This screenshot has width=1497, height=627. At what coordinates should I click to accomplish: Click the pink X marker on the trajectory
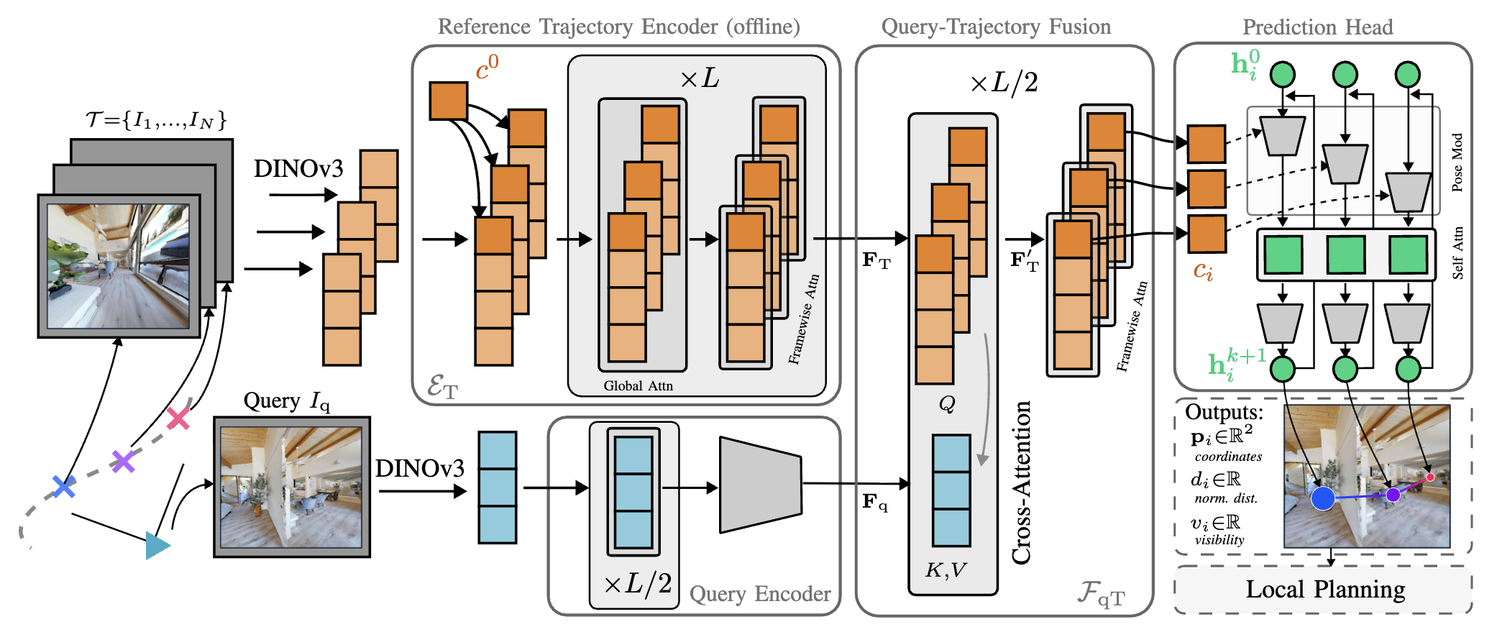[x=178, y=418]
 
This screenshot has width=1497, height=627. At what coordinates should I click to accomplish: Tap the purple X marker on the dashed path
[x=124, y=461]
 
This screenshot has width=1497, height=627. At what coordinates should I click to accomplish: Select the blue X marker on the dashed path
[x=64, y=487]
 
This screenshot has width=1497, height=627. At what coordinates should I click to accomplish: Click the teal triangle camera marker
[x=157, y=545]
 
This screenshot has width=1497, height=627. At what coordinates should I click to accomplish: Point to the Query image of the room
[x=291, y=487]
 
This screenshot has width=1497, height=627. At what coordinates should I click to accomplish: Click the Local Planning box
[x=1324, y=590]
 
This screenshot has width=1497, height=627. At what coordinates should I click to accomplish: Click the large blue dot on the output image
[x=1323, y=498]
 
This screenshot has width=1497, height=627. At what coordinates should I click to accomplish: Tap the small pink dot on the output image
[x=1430, y=477]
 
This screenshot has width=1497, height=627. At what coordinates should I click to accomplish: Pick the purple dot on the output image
[x=1393, y=495]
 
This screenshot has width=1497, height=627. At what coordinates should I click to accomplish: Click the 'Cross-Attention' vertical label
[x=1022, y=482]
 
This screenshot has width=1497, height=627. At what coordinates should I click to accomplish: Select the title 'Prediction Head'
[x=1317, y=27]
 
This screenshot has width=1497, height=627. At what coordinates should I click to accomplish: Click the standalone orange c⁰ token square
[x=448, y=101]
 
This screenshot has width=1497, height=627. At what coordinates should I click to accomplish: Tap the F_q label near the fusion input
[x=874, y=501]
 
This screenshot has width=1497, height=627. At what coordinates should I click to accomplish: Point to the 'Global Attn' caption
[x=638, y=386]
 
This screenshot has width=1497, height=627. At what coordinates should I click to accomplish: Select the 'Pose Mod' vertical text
[x=1457, y=163]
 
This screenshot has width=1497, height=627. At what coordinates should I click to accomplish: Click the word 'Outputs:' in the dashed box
[x=1224, y=412]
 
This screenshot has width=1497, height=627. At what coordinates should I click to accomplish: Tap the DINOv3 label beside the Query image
[x=420, y=469]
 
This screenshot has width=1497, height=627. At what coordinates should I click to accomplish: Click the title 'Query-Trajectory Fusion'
[x=996, y=27]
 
